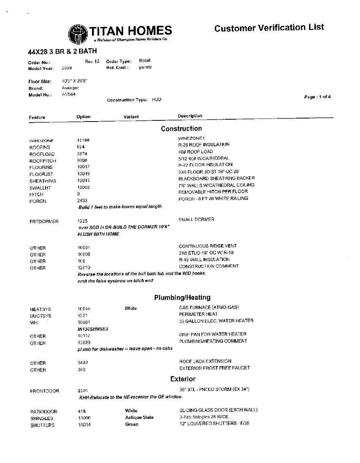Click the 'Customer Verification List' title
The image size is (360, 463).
pyautogui.click(x=269, y=28)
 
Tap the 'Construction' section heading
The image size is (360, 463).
pyautogui.click(x=181, y=129)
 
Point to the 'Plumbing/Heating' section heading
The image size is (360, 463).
pyautogui.click(x=182, y=298)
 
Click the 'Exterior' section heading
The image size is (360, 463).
pyautogui.click(x=183, y=379)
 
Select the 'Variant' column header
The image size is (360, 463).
pyautogui.click(x=131, y=117)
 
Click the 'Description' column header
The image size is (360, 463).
pyautogui.click(x=190, y=116)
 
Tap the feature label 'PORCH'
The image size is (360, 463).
pyautogui.click(x=38, y=201)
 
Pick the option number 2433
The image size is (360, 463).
pyautogui.click(x=82, y=200)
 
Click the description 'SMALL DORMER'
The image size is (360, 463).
pyautogui.click(x=196, y=220)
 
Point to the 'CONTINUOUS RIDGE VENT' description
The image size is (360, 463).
pyautogui.click(x=208, y=246)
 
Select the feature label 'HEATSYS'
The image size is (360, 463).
pyautogui.click(x=41, y=309)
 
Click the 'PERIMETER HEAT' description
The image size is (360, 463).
pyautogui.click(x=198, y=314)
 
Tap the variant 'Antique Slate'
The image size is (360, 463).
pyautogui.click(x=139, y=417)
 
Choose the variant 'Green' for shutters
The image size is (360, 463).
pyautogui.click(x=132, y=424)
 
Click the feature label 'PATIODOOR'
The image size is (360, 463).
pyautogui.click(x=44, y=412)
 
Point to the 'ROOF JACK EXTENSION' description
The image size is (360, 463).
pyautogui.click(x=205, y=361)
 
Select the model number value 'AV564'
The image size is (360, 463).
pyautogui.click(x=68, y=95)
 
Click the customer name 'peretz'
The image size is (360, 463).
pyautogui.click(x=145, y=67)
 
